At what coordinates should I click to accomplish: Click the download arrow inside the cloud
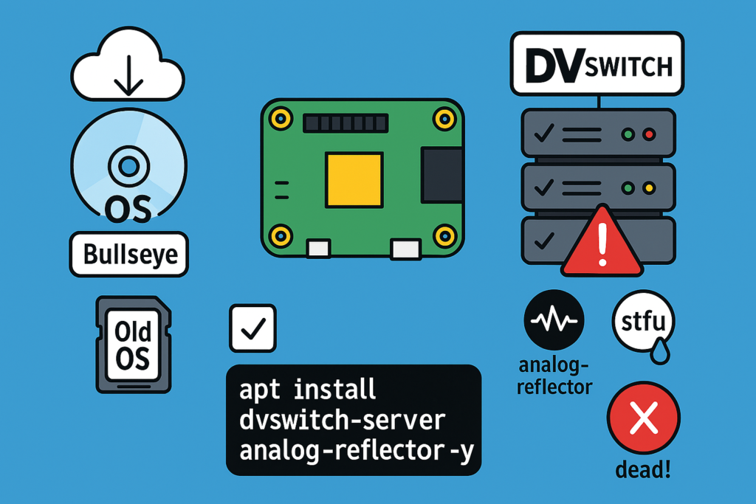point(129,75)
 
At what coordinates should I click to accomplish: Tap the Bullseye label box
point(129,255)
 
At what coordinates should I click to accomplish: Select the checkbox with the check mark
point(252,328)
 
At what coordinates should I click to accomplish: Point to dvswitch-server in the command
point(343,419)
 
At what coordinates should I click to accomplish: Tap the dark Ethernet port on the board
point(442,174)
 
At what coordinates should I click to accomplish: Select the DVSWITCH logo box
point(598,65)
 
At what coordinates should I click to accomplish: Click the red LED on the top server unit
point(649,135)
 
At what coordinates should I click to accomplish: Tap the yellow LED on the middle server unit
point(649,189)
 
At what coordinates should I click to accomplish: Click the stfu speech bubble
point(644,322)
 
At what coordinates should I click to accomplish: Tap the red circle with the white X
point(644,421)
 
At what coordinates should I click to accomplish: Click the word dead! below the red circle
point(644,470)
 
